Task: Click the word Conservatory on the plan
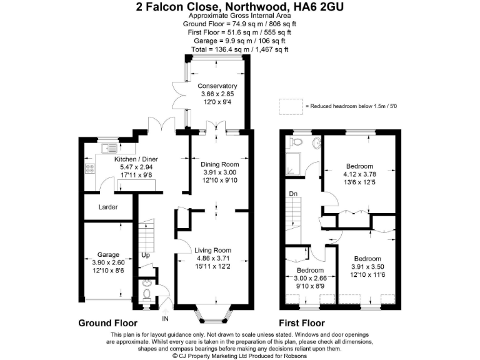(x=217, y=86)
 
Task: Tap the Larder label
(x=107, y=207)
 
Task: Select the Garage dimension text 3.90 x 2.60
(x=107, y=262)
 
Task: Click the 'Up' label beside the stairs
(x=146, y=256)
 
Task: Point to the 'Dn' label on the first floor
(x=292, y=194)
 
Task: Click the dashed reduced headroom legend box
(x=289, y=106)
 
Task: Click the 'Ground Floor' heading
(x=107, y=323)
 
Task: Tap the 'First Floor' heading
(x=302, y=323)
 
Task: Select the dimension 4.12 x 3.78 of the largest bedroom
(x=363, y=174)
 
